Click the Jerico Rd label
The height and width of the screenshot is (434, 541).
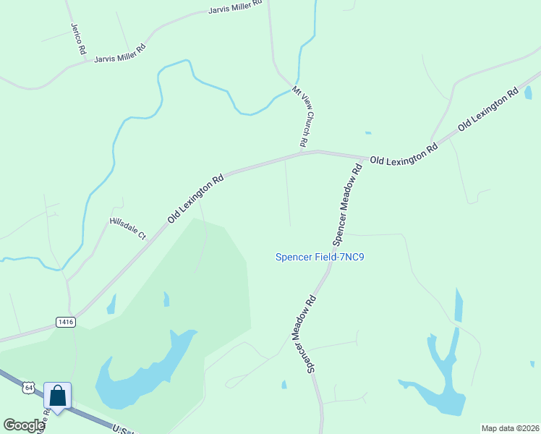click(78, 39)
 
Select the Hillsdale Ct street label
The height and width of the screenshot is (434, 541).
click(127, 229)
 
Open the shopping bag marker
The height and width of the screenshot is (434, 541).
click(58, 396)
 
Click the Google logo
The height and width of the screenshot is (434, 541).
click(24, 425)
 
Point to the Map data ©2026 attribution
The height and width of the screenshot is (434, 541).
click(510, 428)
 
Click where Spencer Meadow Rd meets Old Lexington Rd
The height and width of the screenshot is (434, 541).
click(364, 158)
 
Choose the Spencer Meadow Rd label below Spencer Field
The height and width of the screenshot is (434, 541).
click(304, 332)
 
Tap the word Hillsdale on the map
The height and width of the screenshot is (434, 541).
click(124, 226)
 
